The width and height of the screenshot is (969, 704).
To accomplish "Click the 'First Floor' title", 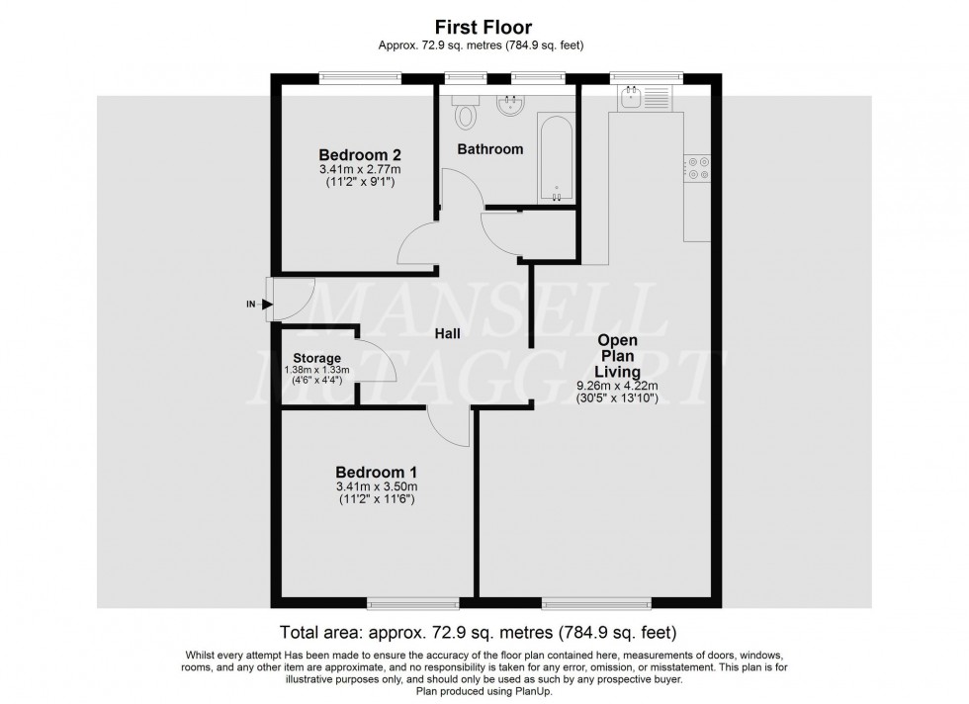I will coord(484,28).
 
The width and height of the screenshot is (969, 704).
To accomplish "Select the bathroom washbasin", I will coord(511,105).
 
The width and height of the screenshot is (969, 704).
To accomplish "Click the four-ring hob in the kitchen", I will coord(698,169).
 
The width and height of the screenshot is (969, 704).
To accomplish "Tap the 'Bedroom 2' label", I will coord(360,155).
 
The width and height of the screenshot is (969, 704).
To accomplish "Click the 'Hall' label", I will coord(449,334).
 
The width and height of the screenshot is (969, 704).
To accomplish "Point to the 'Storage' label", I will coord(317,358).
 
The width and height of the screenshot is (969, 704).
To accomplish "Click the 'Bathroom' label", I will coord(489,149).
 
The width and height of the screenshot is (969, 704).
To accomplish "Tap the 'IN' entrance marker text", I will coord(251,305).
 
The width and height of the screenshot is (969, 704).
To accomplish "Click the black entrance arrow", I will coord(267,305).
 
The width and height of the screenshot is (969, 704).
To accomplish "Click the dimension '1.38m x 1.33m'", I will coord(317,371).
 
